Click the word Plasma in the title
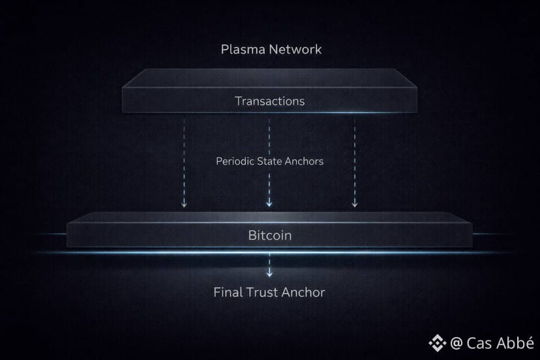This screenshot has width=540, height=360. (x=241, y=50)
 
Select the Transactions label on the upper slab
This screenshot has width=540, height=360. (x=269, y=101)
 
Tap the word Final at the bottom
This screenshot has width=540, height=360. (x=228, y=292)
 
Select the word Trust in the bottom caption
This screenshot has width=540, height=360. (x=263, y=292)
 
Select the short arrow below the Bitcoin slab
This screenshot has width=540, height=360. (x=269, y=267)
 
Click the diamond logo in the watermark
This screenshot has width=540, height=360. (x=436, y=342)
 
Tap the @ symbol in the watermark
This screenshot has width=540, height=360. (x=457, y=342)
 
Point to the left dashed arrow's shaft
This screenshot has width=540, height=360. (x=185, y=157)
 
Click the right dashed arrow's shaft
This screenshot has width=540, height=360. (x=355, y=157)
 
